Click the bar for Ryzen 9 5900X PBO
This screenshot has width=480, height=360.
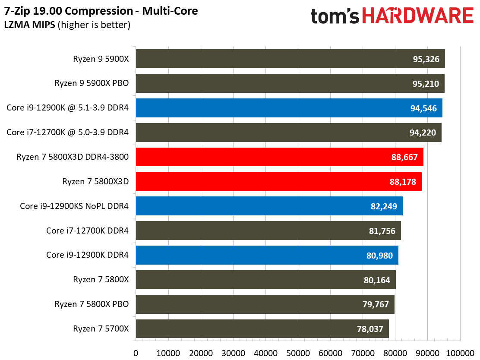point(290,83)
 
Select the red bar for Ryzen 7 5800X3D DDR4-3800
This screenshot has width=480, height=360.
point(279,157)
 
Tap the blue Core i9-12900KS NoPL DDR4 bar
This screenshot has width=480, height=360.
point(269,206)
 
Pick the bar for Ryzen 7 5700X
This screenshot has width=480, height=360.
point(262,329)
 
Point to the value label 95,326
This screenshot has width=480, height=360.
point(426,59)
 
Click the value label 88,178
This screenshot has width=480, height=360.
point(403,182)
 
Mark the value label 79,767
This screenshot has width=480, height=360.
point(376,305)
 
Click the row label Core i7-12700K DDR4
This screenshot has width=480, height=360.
point(87,231)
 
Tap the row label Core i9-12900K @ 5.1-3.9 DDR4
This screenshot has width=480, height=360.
point(67,108)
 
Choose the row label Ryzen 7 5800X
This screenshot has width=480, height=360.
point(101,280)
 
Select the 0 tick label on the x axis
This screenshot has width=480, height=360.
point(136,353)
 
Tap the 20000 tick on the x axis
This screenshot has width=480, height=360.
point(200,353)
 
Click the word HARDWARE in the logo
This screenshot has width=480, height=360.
point(417,16)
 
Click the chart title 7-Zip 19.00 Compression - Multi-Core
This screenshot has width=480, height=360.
point(101,11)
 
